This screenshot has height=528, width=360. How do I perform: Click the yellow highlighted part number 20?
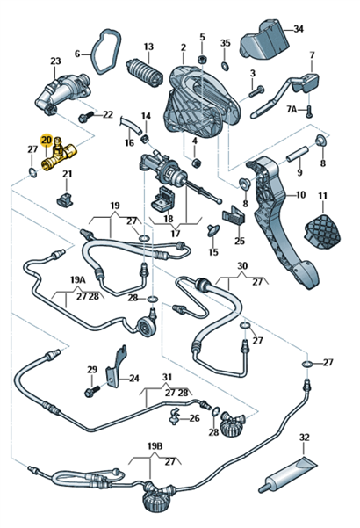(46, 140)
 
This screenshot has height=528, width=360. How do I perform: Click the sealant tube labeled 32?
(288, 474)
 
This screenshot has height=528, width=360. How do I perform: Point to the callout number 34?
(298, 29)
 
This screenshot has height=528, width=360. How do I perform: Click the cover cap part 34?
(265, 40)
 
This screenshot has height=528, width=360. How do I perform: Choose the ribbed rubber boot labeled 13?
(144, 71)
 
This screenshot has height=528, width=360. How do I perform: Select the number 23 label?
(55, 61)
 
